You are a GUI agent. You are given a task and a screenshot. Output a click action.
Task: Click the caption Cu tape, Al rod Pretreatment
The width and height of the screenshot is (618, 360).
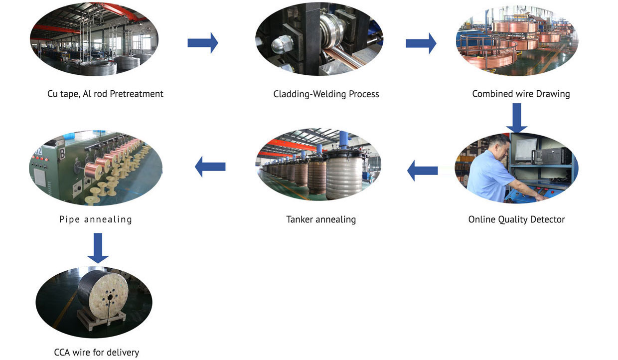(105, 94)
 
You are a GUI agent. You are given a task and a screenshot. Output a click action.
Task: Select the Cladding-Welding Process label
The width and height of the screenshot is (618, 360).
(326, 94)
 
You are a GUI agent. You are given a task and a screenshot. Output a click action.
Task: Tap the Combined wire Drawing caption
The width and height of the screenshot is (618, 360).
(521, 94)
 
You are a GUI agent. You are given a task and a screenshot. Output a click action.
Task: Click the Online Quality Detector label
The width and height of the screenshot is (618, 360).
(516, 219)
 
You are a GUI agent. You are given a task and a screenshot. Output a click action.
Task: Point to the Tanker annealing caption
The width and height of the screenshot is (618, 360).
(321, 219)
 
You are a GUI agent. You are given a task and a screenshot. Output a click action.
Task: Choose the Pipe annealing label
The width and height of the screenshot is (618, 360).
(95, 219)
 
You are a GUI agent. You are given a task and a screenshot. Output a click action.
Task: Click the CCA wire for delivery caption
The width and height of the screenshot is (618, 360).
(97, 353)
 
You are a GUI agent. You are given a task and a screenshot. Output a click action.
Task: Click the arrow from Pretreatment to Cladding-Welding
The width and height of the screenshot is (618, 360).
(203, 43)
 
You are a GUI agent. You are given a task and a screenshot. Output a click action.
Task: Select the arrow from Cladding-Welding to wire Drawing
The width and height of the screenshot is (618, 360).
(421, 43)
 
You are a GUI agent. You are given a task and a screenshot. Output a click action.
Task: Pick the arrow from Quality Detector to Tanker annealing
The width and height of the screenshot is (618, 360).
(423, 171)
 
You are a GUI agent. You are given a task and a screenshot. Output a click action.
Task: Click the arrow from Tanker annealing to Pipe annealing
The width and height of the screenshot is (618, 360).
(210, 167)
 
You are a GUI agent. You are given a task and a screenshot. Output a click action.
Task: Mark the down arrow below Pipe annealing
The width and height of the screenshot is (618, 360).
(98, 248)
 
